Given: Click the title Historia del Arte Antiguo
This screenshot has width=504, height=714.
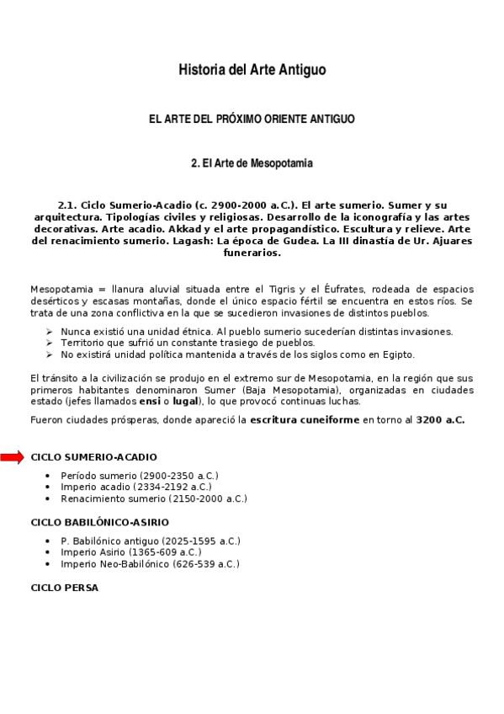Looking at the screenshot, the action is click(252, 71).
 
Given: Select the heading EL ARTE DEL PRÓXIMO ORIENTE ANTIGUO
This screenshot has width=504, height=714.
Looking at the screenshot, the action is click(252, 120).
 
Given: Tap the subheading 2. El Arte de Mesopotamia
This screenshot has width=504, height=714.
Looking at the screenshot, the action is click(252, 163).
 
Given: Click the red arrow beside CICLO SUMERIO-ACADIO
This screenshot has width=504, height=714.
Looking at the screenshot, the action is click(13, 457).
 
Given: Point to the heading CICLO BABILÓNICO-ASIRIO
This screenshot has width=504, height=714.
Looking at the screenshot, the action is click(99, 523).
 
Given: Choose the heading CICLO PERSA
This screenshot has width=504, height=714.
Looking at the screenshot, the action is click(64, 588).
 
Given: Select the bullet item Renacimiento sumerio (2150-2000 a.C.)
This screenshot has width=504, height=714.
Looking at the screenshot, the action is click(154, 498).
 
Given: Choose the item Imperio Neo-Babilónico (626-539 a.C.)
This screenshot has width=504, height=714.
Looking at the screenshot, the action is click(150, 564).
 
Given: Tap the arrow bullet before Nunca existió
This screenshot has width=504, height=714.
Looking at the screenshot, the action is click(50, 332).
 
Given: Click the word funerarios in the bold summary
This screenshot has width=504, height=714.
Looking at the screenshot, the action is click(252, 252).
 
